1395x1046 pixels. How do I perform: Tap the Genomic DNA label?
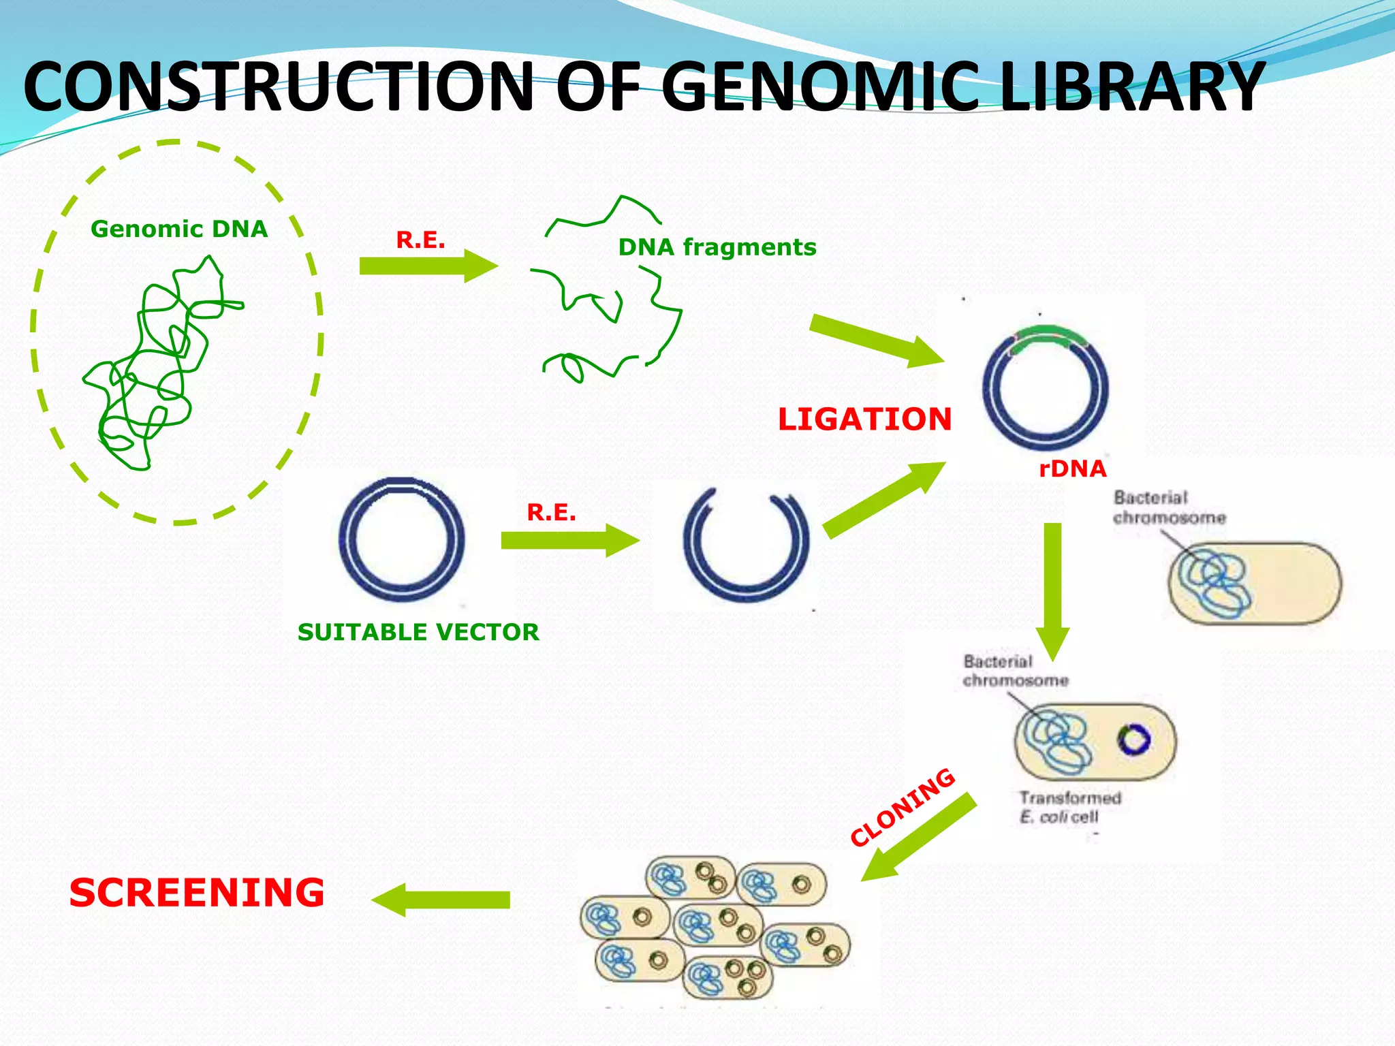(x=179, y=229)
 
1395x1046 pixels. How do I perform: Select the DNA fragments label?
(x=717, y=247)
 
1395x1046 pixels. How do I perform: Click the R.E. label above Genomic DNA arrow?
(x=420, y=240)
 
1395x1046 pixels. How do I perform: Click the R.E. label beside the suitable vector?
(x=551, y=512)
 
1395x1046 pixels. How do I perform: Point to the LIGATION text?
(x=864, y=419)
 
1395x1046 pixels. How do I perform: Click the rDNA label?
(x=1072, y=469)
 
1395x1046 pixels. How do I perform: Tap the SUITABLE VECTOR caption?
(x=418, y=632)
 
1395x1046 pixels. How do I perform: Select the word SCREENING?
(x=197, y=893)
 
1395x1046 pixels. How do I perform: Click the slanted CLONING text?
(x=903, y=807)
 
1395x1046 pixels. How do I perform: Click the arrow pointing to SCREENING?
(x=441, y=900)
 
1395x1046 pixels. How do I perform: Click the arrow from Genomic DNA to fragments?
(x=428, y=266)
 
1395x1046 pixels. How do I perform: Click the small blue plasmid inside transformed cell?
(x=1134, y=740)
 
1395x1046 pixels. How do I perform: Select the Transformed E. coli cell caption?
(x=1069, y=807)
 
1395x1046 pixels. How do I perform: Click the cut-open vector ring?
(x=747, y=545)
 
